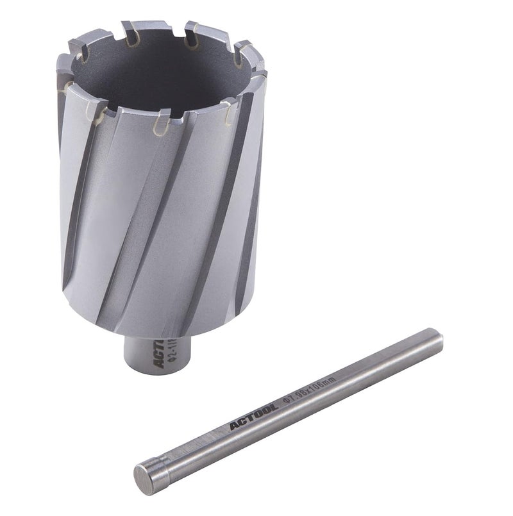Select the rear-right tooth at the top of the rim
click(192, 29)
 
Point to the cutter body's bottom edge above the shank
click(160, 333)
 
